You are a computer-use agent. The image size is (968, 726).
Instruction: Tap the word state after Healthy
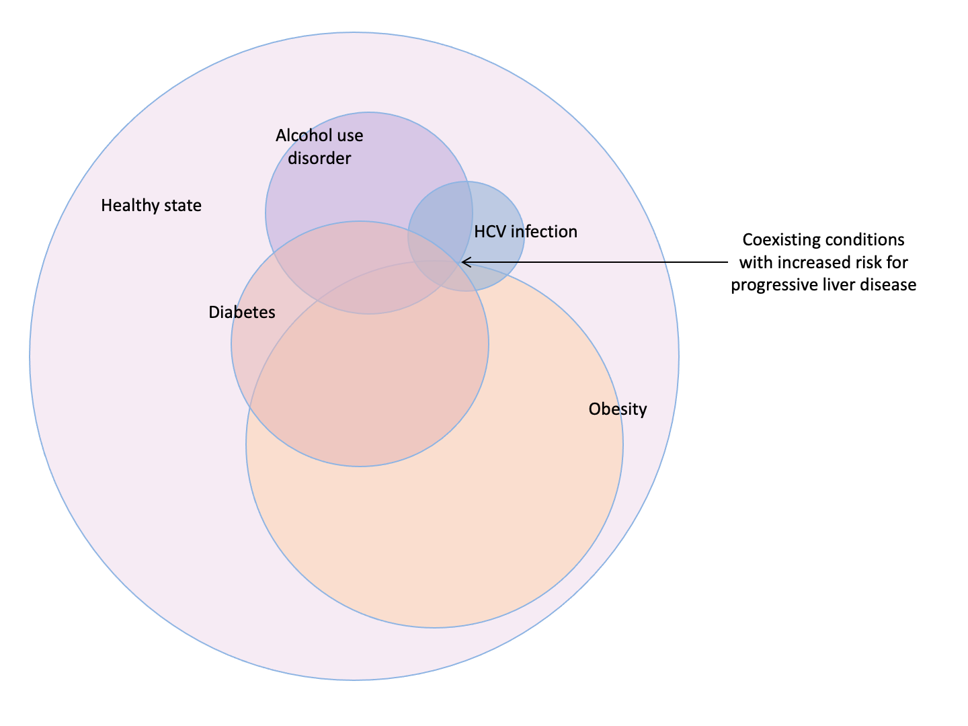[x=183, y=206]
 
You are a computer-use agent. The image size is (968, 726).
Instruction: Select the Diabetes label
[x=242, y=312]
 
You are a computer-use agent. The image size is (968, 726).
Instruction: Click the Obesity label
[x=617, y=409]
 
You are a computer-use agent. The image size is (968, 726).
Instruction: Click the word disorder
[x=319, y=158]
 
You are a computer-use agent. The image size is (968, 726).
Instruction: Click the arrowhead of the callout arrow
[x=463, y=262]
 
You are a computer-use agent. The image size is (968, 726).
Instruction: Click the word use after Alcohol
[x=350, y=136]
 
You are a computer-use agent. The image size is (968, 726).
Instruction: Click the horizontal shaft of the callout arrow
[x=595, y=262]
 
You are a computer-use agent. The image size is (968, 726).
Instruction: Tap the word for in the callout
[x=896, y=262]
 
